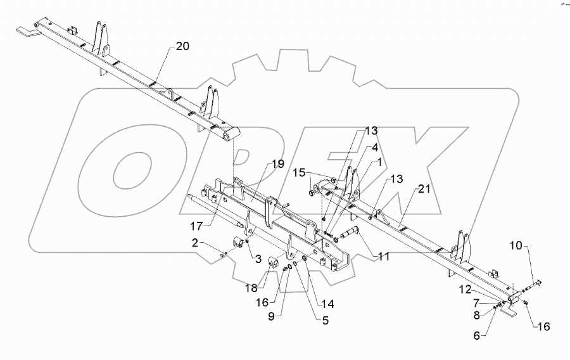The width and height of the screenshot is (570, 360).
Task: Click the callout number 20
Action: coord(182,46)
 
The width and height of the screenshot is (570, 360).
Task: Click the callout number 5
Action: coord(326,321)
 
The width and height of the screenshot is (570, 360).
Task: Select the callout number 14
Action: coord(327,304)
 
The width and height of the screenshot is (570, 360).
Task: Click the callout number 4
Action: coord(375,148)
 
